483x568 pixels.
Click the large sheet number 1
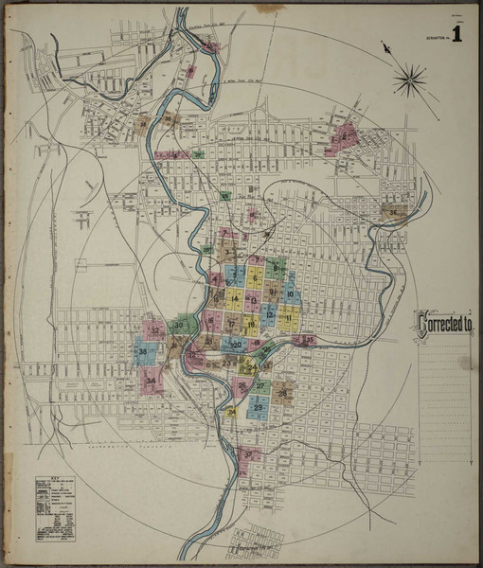457,36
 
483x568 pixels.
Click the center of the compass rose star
410,80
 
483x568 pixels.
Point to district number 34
151,382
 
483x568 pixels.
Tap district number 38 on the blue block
143,353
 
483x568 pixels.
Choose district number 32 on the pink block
154,330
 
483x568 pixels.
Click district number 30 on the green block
179,327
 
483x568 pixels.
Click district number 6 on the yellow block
255,278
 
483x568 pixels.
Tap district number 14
235,299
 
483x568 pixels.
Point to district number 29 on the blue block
258,407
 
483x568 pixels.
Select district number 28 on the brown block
282,393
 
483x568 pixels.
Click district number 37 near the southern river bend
248,454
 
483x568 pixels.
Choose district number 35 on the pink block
309,338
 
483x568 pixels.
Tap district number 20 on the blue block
236,346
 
